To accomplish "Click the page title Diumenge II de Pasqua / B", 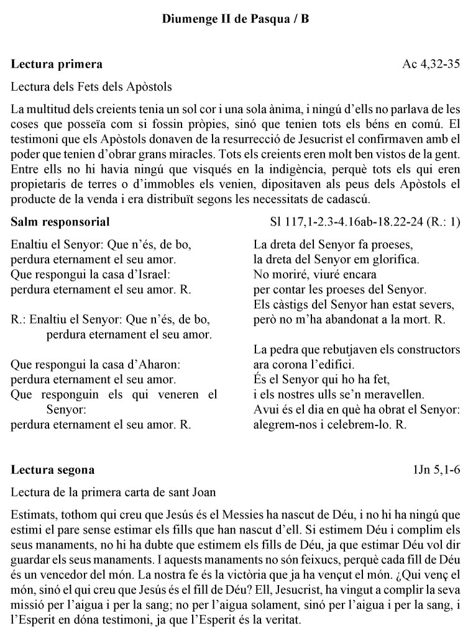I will point(236,19).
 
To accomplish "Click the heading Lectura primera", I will point(57,64).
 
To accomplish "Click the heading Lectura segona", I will point(53,470).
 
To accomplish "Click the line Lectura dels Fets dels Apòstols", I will point(91,86).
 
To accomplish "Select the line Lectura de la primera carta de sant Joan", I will point(114,493).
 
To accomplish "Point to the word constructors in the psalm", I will point(428,349).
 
